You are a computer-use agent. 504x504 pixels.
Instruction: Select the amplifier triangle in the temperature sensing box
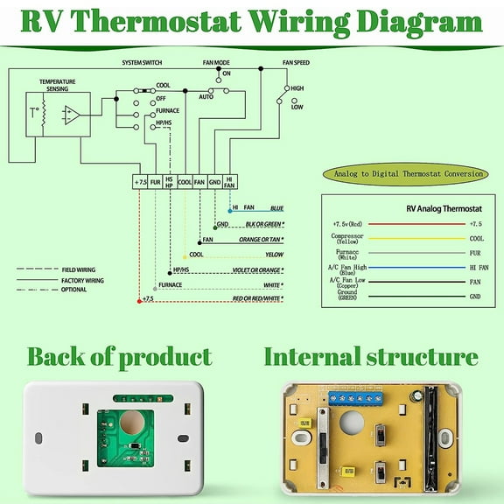(x=73, y=115)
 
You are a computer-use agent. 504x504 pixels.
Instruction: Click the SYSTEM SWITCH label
(x=143, y=63)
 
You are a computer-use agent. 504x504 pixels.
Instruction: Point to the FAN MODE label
(x=217, y=63)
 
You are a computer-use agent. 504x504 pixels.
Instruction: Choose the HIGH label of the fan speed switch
(x=297, y=88)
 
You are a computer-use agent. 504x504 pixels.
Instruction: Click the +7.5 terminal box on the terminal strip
(x=140, y=182)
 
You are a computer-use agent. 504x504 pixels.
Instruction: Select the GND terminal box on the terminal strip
(x=214, y=182)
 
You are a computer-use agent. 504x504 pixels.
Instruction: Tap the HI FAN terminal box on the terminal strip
(x=230, y=182)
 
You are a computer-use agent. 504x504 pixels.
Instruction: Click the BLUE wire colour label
(x=276, y=208)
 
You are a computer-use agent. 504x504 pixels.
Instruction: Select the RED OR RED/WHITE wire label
(x=257, y=299)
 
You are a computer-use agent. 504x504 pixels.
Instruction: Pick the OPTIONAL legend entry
(x=73, y=290)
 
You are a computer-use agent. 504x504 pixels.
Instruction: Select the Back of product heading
(x=119, y=357)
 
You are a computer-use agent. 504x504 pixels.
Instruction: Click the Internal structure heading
(x=371, y=357)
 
